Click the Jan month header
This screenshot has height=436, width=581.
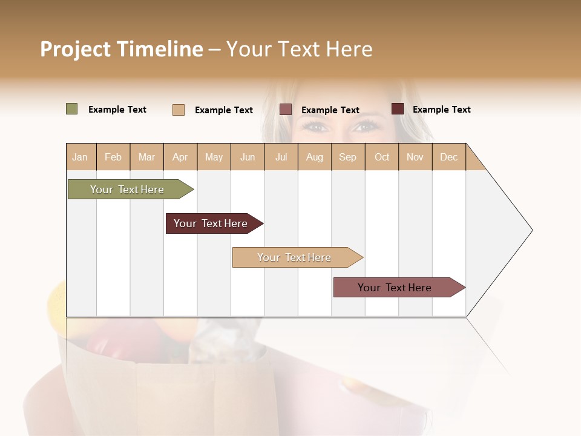point(80,157)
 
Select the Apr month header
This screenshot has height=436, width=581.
point(180,157)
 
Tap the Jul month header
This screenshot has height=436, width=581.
point(281,157)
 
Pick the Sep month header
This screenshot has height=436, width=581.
point(347,157)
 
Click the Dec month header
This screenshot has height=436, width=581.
point(448,157)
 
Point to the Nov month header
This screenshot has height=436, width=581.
point(415,157)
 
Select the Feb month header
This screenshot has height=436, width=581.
point(113,157)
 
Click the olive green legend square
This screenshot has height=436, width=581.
point(71,109)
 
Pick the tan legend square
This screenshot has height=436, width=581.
point(178,110)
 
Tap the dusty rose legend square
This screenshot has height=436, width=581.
point(286,109)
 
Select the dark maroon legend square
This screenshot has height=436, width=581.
point(397,109)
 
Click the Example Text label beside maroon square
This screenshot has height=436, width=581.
point(441,110)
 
